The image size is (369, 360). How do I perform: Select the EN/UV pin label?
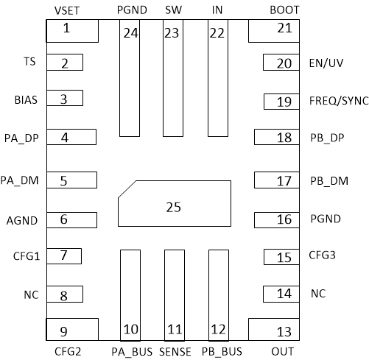[x=326, y=63]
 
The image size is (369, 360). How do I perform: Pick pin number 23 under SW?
[x=172, y=32]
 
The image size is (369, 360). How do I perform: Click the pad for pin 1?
[x=71, y=30]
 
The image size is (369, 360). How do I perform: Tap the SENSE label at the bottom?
[x=174, y=351]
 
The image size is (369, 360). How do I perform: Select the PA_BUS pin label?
[x=131, y=351]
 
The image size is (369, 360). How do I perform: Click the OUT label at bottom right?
[x=284, y=351]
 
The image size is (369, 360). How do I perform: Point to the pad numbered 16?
[x=277, y=219]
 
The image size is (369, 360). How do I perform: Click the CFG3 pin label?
[x=323, y=256]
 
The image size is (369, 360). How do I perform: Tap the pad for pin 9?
[x=71, y=329]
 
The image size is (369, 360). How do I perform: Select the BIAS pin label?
[x=27, y=98]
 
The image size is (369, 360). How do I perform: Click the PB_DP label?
[x=328, y=137]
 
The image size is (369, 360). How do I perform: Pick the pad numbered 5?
[x=71, y=180]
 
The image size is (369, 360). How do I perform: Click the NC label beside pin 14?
[x=318, y=293]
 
